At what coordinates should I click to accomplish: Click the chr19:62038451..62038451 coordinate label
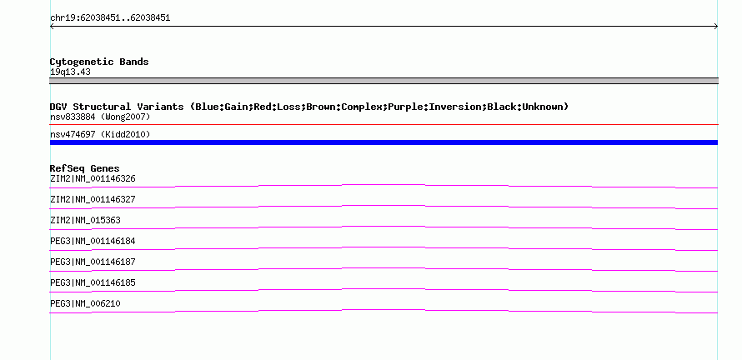(110, 18)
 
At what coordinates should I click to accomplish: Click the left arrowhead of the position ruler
(52, 27)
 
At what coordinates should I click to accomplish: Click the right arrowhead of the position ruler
(715, 27)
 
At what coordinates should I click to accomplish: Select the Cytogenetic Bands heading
(99, 62)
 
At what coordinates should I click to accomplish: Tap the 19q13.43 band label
(70, 72)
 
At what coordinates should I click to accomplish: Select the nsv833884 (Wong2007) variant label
(100, 117)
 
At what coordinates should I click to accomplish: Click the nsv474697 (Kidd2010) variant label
(100, 135)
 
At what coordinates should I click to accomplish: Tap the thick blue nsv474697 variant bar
(384, 142)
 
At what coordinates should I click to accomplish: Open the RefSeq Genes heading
(85, 168)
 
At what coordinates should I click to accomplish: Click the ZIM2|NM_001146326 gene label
(93, 179)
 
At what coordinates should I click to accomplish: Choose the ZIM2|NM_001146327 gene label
(93, 200)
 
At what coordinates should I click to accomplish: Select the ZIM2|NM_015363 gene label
(85, 221)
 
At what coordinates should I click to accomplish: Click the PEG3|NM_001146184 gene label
(93, 242)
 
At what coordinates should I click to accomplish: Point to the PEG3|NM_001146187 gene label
(93, 262)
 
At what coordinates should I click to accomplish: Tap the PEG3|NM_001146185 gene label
(93, 282)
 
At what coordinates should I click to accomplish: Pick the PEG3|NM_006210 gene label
(85, 303)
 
